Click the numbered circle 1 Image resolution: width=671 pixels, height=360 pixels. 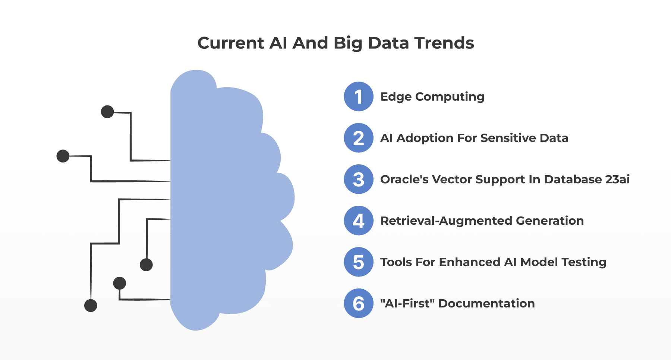point(358,97)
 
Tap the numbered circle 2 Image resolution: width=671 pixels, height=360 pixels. point(358,138)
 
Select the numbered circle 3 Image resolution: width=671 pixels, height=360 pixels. point(358,179)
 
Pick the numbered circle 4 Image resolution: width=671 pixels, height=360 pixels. point(358,221)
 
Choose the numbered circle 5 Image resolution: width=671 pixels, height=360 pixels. point(358,262)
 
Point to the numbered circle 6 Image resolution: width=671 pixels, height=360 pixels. point(358,303)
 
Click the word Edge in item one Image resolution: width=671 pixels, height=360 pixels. point(396,97)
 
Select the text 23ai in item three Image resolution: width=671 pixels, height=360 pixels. point(617,179)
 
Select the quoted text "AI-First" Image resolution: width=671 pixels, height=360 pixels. point(407,303)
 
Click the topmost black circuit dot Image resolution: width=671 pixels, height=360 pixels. point(107,111)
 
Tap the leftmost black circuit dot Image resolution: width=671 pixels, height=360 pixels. point(63,156)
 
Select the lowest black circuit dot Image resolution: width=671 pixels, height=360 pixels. point(91,306)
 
